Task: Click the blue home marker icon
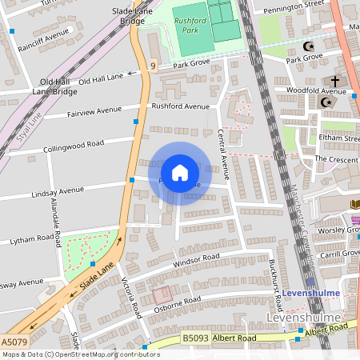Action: point(180,172)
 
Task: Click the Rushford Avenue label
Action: point(181,105)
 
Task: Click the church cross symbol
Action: point(334,82)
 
